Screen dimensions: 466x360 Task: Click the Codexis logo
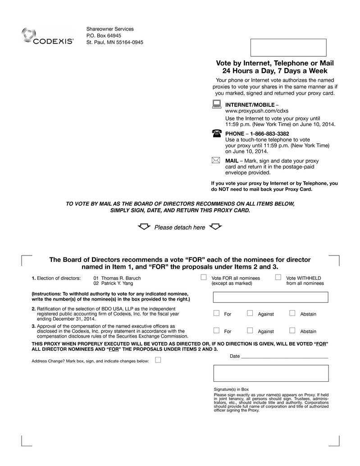47,37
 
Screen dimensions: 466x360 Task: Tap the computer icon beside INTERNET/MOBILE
216,105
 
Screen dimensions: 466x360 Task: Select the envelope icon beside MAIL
216,160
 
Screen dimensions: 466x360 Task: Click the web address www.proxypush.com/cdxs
257,110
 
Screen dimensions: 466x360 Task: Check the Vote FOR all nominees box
204,277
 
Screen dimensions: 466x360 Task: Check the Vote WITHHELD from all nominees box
278,277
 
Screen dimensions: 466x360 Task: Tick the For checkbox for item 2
216,313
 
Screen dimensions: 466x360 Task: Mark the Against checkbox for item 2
250,313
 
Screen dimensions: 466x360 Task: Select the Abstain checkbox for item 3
292,330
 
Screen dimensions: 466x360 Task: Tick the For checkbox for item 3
216,330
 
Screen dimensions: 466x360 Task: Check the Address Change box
158,360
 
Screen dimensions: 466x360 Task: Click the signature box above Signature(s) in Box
271,373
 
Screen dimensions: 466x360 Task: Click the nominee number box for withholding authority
271,297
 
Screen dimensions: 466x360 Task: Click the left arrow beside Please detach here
145,226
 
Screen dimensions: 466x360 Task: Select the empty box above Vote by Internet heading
288,47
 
